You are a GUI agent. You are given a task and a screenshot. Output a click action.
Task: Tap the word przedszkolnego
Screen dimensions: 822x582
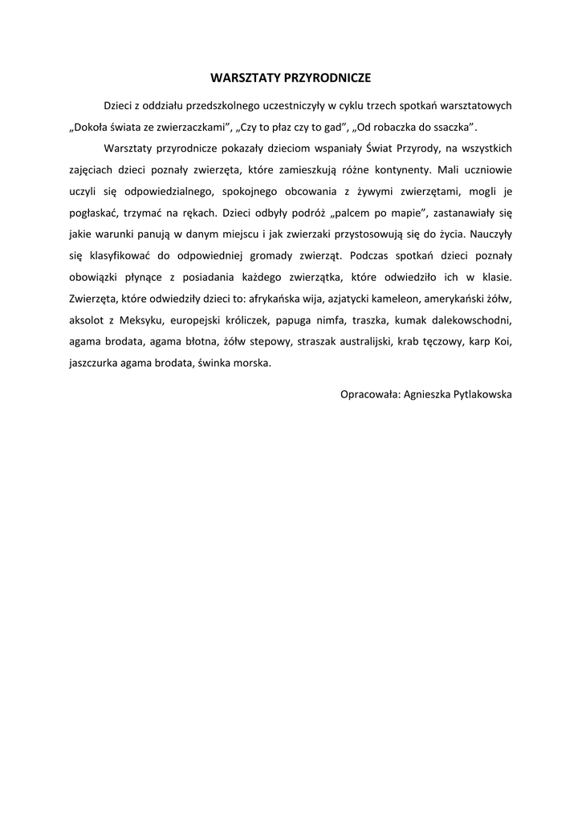click(x=220, y=106)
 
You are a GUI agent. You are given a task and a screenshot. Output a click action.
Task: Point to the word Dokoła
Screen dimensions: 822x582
click(x=89, y=127)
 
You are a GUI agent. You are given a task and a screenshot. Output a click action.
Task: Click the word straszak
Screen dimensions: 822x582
click(x=321, y=341)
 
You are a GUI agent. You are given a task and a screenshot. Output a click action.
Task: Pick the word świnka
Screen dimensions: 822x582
click(x=216, y=363)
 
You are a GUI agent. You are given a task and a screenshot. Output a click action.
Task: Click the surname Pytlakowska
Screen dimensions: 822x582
click(x=474, y=395)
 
